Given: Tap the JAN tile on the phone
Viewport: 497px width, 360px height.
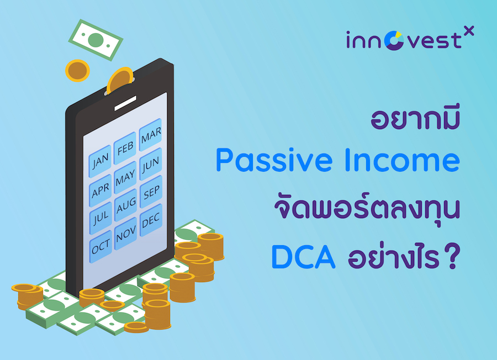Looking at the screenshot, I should point(101,161).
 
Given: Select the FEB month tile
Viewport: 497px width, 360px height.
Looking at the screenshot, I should point(125,147).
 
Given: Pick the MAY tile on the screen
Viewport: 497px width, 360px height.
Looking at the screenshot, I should point(125,178).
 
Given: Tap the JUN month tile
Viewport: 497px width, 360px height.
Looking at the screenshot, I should point(150,163).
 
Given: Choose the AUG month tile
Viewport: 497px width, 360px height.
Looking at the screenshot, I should point(125,208).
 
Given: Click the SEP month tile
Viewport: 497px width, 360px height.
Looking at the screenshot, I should point(150,193).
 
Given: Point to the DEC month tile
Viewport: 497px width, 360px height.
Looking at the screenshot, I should point(150,222).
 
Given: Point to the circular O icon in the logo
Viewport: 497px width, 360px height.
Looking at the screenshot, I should point(395,41).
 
